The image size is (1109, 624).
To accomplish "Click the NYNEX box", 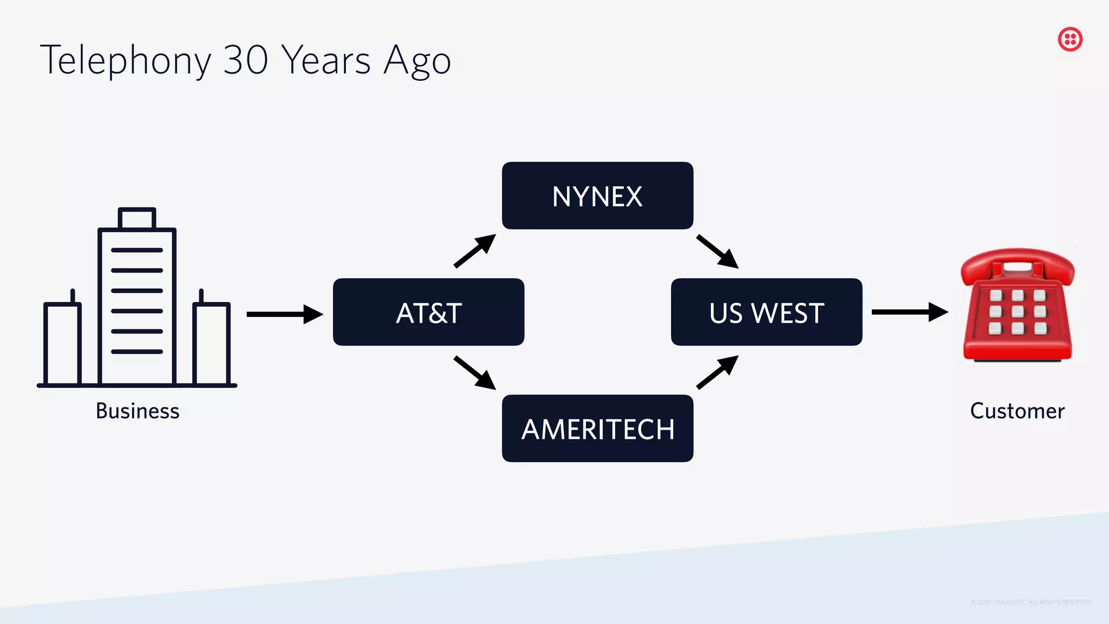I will click(597, 196).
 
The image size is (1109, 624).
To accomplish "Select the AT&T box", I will click(428, 312).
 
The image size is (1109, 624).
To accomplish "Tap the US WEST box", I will click(766, 312).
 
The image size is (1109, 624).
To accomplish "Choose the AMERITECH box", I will click(597, 428).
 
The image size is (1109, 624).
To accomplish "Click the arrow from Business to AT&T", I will click(284, 314).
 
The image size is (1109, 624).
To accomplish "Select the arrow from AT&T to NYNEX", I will click(475, 251).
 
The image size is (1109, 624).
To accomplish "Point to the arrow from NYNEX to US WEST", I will click(717, 251).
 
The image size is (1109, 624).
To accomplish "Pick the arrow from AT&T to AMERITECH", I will click(475, 373).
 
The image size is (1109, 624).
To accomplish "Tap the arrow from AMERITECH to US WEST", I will click(717, 372).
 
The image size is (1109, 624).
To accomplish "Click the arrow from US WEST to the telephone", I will click(910, 312).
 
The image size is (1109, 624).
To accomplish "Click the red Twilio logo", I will click(1070, 40).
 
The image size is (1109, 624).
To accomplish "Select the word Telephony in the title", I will click(126, 61).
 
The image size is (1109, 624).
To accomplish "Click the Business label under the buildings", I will click(138, 411).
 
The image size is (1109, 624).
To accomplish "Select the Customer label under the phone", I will click(1017, 411).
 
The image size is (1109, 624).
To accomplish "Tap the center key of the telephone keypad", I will click(1017, 311).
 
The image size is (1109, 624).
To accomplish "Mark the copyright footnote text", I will click(1030, 602).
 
